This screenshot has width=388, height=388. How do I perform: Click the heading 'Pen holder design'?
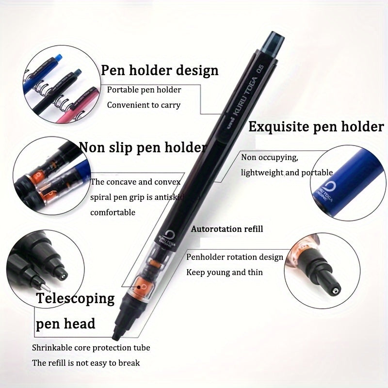[x=160, y=70]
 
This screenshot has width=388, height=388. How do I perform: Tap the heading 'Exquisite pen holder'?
[x=316, y=127]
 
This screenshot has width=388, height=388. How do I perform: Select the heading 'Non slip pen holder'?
[x=143, y=148]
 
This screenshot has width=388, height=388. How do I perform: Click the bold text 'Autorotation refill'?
[x=227, y=229]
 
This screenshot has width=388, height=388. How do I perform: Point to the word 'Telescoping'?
[x=75, y=298]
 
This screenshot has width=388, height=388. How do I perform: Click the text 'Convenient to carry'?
[x=144, y=105]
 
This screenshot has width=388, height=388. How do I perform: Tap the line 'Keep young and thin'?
[x=225, y=272]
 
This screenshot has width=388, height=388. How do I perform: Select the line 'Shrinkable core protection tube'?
[x=91, y=348]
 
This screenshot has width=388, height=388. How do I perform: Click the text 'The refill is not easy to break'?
[x=86, y=363]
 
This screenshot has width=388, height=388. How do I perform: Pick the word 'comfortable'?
[x=113, y=212]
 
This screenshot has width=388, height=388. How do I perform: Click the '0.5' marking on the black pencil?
[x=260, y=68]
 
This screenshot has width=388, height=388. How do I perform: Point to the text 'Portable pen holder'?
[x=144, y=90]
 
